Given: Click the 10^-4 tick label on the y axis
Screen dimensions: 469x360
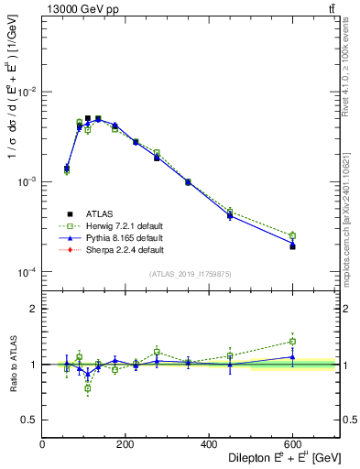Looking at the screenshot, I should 27,272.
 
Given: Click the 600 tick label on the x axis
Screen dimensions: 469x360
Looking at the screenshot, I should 291,444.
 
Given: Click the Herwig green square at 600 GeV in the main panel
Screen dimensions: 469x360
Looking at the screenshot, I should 292,235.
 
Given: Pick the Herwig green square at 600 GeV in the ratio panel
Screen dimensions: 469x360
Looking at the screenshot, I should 292,342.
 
